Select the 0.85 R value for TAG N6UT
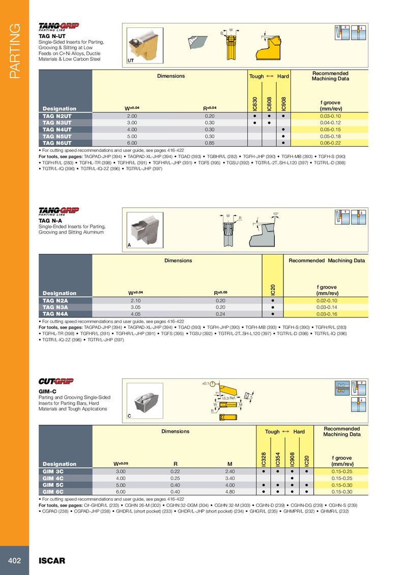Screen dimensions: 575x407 [210, 143]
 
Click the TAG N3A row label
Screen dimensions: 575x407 [55, 307]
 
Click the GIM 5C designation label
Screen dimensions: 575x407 [52, 485]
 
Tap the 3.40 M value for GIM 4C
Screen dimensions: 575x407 [229, 478]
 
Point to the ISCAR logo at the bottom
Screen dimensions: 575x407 [52, 561]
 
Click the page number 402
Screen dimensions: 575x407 [14, 561]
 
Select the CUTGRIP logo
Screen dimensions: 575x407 [56, 381]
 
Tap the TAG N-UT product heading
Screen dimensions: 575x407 [52, 36]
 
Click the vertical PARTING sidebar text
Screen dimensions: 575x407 [14, 51]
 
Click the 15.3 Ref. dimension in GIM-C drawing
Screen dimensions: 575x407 [227, 398]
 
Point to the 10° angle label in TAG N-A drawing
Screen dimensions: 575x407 [275, 213]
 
